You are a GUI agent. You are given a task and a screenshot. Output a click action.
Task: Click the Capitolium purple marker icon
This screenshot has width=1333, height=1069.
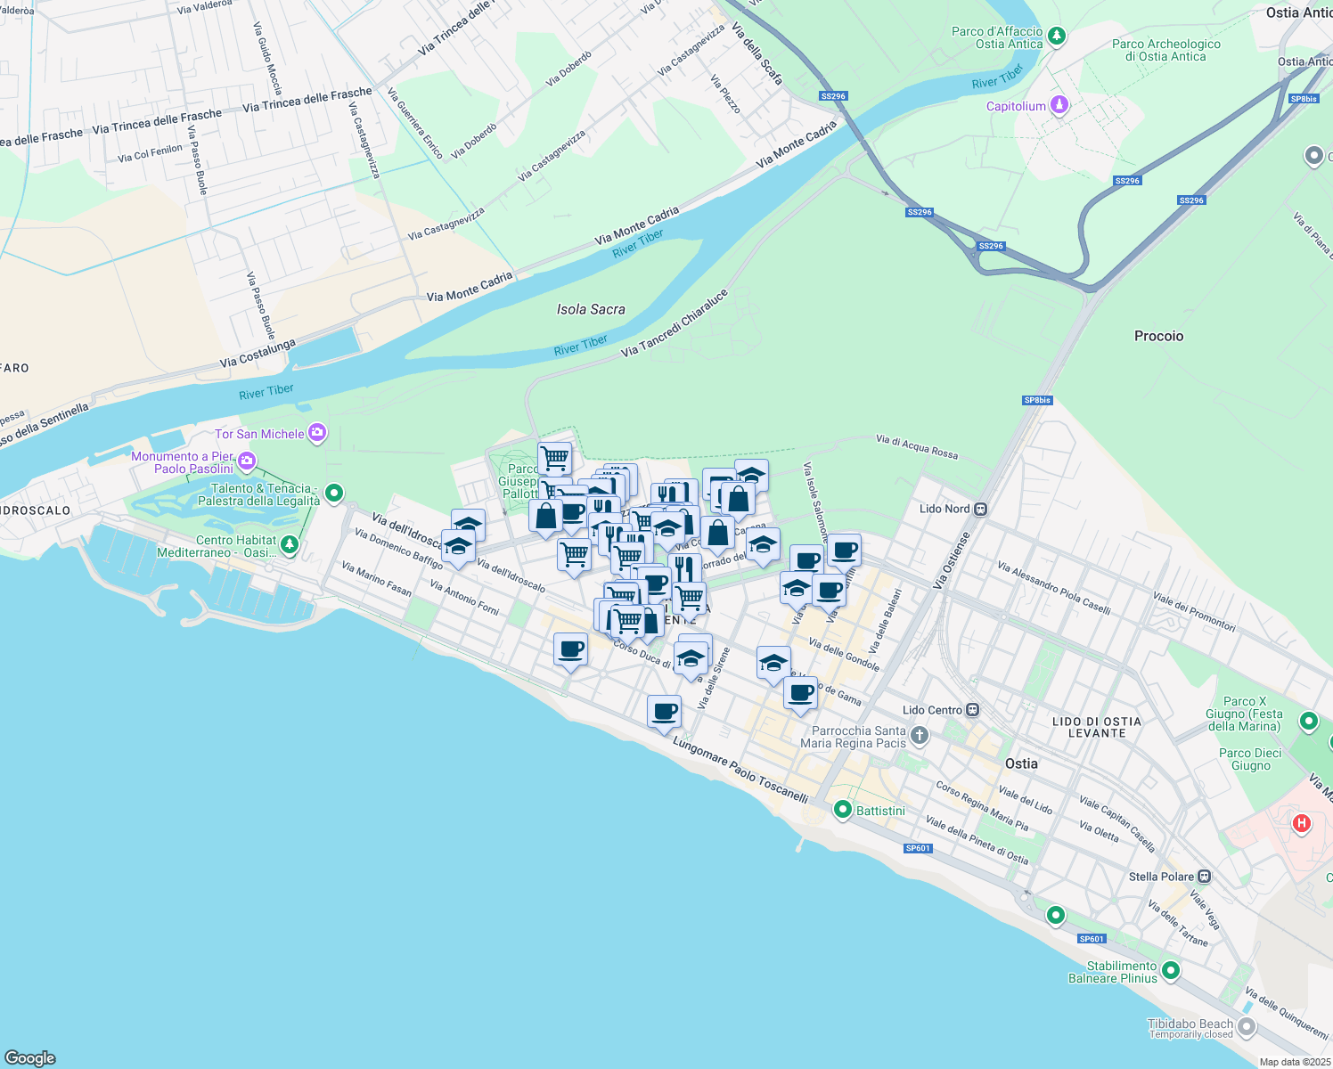1059,105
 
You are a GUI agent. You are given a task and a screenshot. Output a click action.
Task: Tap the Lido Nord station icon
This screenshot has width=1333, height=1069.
981,510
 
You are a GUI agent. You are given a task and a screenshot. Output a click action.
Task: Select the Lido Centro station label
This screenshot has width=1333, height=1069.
932,710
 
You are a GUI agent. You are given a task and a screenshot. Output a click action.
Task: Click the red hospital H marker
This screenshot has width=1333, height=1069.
1302,823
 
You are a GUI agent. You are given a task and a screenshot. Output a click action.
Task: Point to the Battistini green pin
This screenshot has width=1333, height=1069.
842,810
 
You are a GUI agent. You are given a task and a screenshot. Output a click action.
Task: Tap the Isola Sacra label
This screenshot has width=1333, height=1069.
591,309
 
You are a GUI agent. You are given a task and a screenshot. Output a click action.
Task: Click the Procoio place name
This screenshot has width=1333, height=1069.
1158,336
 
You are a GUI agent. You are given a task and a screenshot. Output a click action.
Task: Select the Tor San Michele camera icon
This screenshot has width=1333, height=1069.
318,434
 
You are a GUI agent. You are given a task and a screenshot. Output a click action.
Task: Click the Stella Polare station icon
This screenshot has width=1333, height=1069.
1205,877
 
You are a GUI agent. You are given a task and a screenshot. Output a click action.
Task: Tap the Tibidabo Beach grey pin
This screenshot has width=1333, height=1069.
1247,1028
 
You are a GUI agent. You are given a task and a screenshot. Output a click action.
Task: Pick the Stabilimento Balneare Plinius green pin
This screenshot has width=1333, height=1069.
1171,971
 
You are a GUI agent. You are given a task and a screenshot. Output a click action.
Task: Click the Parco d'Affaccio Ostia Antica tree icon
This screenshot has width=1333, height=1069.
1057,37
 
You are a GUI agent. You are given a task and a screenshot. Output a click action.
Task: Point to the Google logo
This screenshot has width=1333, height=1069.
30,1058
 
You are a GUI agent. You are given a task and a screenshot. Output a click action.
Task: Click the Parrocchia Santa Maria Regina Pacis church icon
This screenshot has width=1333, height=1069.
920,736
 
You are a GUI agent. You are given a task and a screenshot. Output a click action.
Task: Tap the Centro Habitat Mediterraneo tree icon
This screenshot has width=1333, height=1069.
289,544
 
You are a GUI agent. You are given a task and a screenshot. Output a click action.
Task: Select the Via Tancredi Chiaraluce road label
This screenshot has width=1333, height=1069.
675,322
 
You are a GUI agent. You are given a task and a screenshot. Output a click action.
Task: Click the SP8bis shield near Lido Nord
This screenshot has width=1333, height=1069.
1037,400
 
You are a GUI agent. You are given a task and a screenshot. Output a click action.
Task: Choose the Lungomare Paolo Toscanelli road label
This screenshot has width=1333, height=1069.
740,770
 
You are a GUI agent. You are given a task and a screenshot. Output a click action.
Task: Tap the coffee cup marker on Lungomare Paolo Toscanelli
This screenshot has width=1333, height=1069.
665,712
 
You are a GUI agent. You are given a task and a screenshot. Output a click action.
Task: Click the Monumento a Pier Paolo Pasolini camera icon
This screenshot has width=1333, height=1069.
247,461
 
